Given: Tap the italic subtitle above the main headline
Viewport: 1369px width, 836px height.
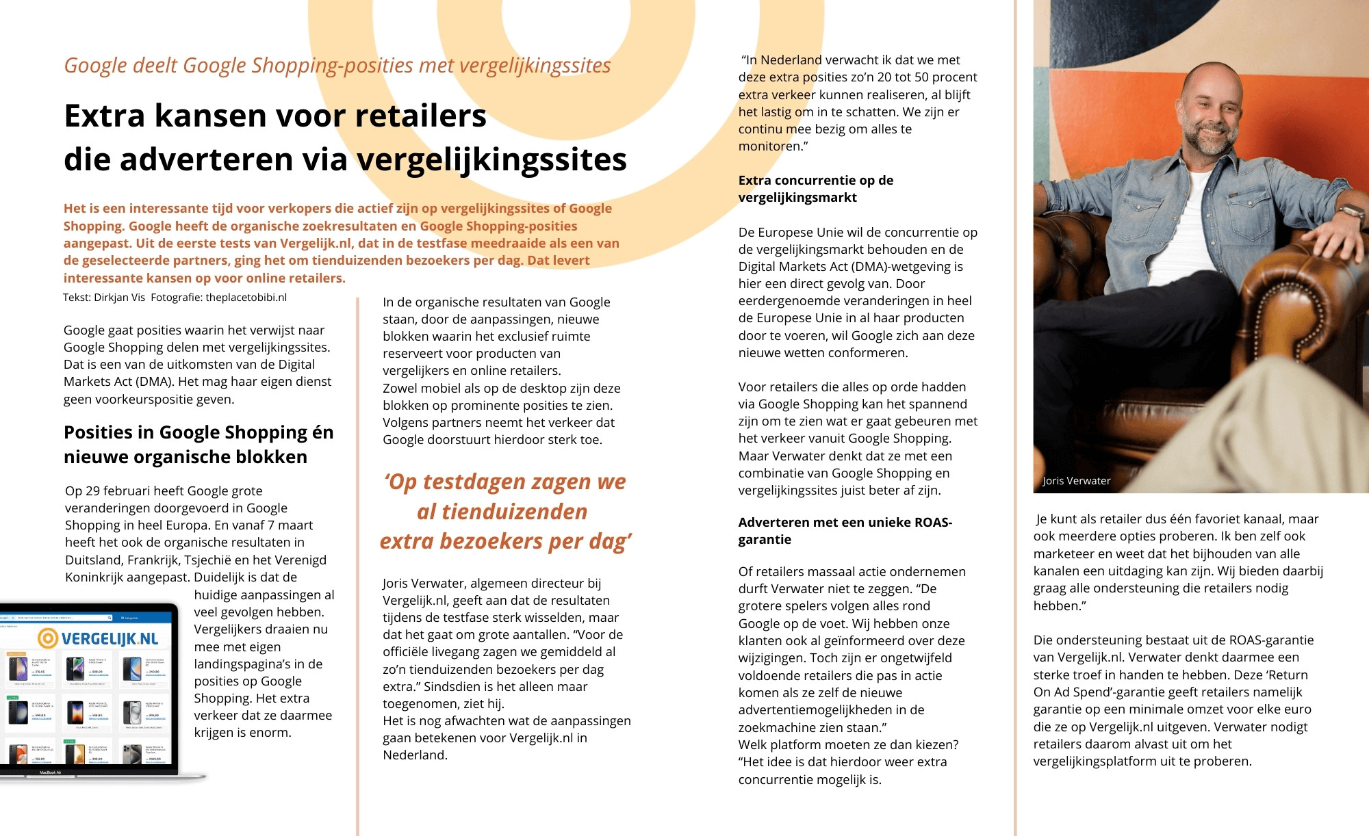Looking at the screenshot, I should [x=337, y=65].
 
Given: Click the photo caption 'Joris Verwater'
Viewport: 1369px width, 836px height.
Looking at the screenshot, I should [x=1076, y=480].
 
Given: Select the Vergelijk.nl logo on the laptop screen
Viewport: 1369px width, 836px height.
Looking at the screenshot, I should [x=98, y=638].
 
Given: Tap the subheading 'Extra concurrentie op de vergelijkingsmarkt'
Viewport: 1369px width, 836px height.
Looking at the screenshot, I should [x=815, y=189].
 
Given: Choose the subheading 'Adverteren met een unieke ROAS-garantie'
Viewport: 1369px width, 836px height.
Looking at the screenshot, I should [x=845, y=531].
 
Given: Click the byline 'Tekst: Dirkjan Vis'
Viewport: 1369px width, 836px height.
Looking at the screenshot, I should [x=104, y=298].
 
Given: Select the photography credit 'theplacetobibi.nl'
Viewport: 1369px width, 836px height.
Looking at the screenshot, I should [x=246, y=298].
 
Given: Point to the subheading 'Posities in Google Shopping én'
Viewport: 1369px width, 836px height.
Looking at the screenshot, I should [x=199, y=432].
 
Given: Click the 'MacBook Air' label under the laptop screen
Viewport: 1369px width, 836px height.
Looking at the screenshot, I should [x=50, y=772].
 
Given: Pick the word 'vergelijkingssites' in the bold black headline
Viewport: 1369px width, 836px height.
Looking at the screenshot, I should [x=491, y=160].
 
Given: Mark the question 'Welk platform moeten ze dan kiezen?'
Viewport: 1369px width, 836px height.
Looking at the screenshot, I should [x=848, y=744].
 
